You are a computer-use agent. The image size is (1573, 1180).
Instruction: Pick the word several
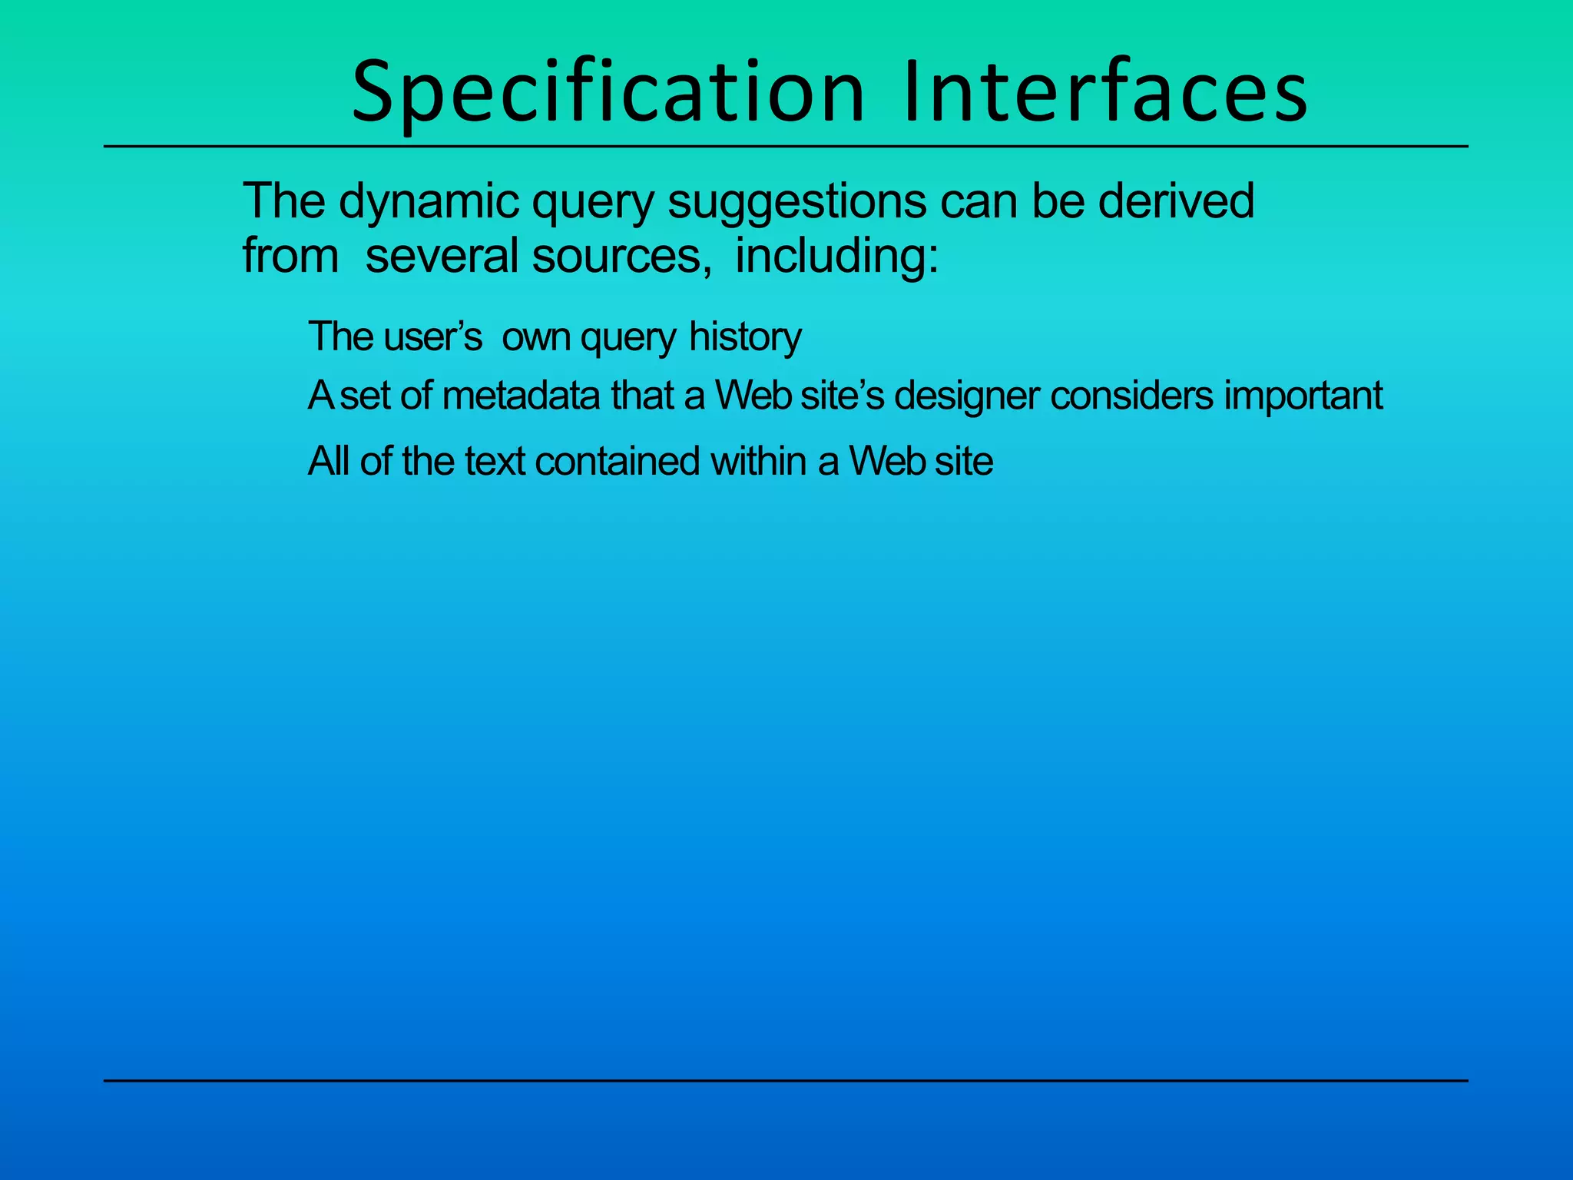point(442,256)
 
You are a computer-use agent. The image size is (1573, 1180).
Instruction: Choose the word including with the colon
point(836,256)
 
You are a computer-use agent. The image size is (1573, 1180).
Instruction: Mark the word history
point(744,336)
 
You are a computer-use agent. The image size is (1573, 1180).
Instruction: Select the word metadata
point(521,396)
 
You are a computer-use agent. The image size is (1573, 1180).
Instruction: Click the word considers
point(1131,396)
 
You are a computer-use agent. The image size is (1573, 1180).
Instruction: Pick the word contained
point(617,462)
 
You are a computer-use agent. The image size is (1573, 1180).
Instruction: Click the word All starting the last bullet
point(329,462)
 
